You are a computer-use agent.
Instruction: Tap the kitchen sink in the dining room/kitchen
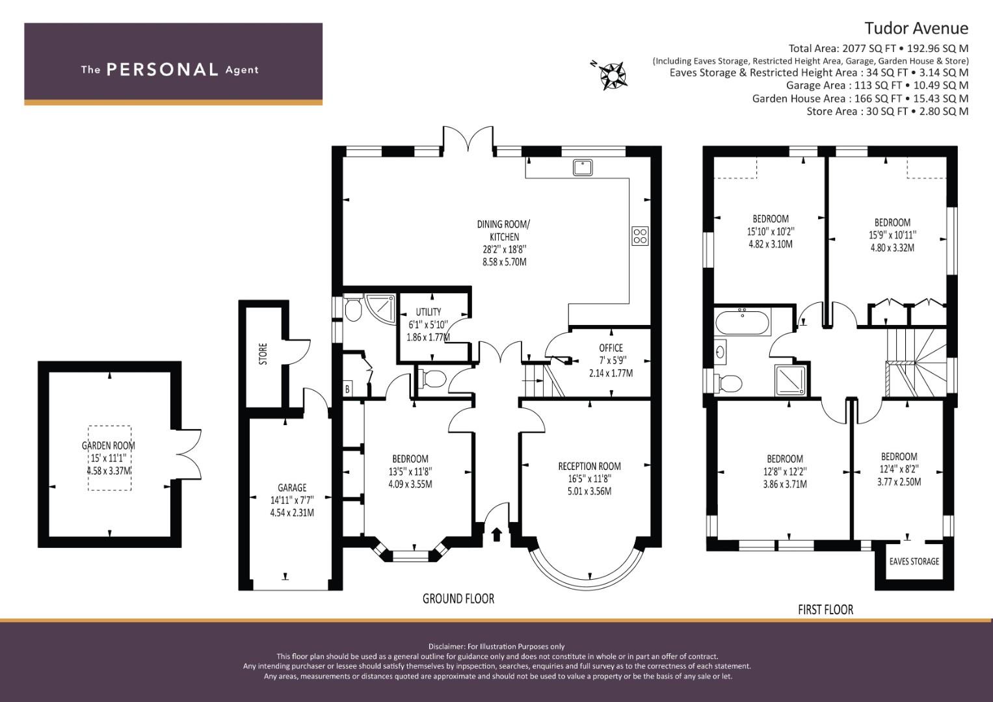coord(583,168)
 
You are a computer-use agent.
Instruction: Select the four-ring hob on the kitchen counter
coord(640,236)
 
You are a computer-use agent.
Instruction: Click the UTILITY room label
coord(429,311)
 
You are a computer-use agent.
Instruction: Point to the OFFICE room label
coord(611,348)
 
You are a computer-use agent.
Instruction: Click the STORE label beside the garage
coord(263,354)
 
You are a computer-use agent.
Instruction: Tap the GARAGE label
coord(292,488)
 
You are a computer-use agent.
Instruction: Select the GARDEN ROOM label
coord(109,445)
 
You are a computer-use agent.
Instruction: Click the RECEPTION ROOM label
coord(589,466)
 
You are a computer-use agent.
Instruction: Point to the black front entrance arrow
coord(497,534)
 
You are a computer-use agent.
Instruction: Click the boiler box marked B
coord(348,389)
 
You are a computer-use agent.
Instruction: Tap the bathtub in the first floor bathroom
coord(743,322)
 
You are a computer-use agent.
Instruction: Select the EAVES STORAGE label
coord(914,562)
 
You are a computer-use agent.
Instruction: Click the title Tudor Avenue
coord(916,29)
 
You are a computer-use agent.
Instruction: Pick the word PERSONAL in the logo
coord(163,70)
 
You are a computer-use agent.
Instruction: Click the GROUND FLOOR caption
coord(458,599)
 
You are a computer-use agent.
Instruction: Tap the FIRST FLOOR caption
coord(825,610)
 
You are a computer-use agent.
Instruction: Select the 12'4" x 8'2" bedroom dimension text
coord(899,469)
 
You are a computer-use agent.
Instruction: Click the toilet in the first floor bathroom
coord(729,382)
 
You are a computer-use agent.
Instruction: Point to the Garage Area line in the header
coord(877,85)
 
